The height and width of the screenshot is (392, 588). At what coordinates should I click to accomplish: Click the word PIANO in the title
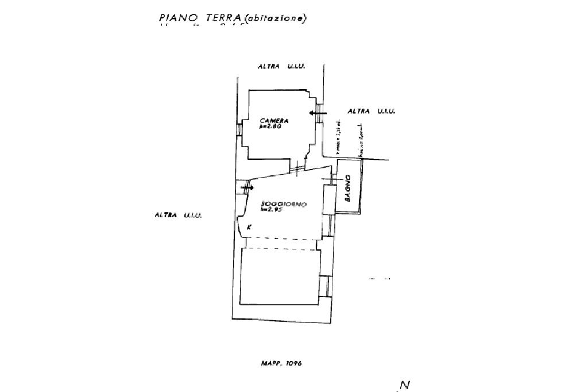pos(175,18)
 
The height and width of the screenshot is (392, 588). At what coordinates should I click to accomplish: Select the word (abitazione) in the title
pos(275,18)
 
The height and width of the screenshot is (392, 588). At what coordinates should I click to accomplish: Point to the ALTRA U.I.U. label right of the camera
pos(372,111)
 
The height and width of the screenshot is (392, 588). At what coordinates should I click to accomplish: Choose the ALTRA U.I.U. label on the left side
pos(178,215)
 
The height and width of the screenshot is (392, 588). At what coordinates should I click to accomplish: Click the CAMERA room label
pos(274,121)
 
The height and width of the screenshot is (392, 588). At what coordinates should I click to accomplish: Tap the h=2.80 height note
pos(270,126)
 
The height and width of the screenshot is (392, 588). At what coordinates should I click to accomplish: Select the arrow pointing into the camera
pos(318,113)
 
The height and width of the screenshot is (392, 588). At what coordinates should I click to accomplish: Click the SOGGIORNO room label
pos(284,205)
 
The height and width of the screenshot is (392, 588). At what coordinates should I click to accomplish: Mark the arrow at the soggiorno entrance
pos(247,187)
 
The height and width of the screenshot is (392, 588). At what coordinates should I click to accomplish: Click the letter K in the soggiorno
pos(249,228)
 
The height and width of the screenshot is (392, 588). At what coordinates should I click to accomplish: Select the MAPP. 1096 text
pos(281,363)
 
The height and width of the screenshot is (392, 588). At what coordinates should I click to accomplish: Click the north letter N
pos(405,385)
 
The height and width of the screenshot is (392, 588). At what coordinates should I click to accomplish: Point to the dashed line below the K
pos(281,239)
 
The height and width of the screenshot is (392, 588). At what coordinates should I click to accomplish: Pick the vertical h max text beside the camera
pos(339,136)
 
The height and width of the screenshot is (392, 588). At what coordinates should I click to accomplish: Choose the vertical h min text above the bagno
pos(360,140)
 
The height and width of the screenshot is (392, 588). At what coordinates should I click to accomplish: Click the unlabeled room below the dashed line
pos(280,276)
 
